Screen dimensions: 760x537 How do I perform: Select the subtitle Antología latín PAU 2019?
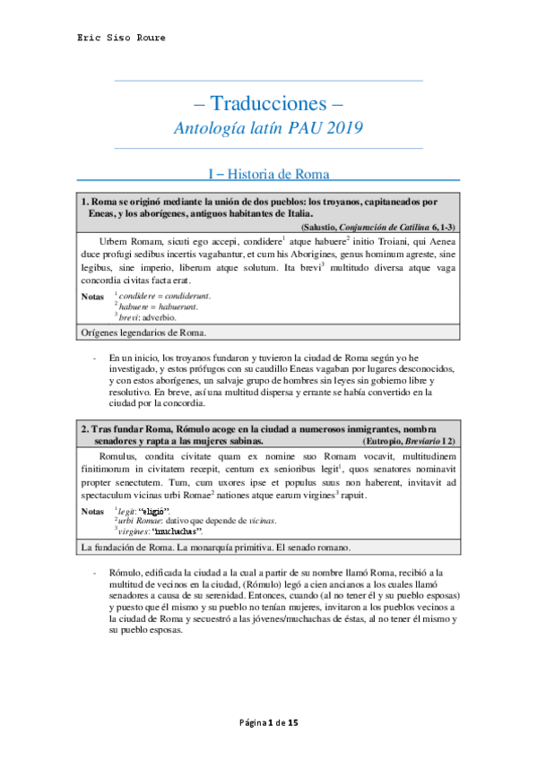click(x=269, y=128)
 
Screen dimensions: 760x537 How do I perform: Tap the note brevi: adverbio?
click(x=147, y=317)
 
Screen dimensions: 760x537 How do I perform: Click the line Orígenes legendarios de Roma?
click(x=143, y=333)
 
